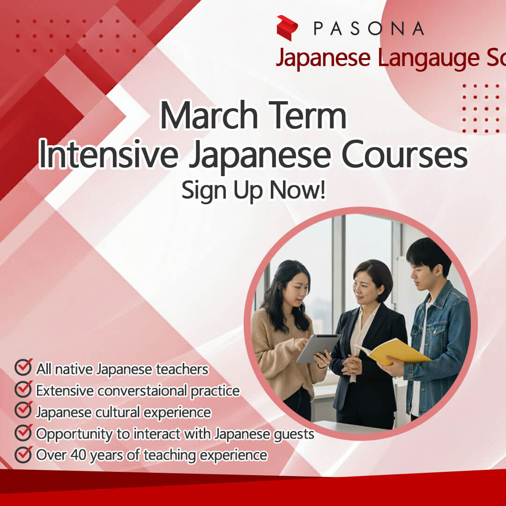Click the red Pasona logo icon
(287, 28)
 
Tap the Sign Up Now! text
(253, 190)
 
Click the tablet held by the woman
(317, 348)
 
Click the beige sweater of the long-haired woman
(276, 347)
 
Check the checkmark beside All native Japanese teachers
(23, 368)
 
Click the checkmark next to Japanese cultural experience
(23, 411)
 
